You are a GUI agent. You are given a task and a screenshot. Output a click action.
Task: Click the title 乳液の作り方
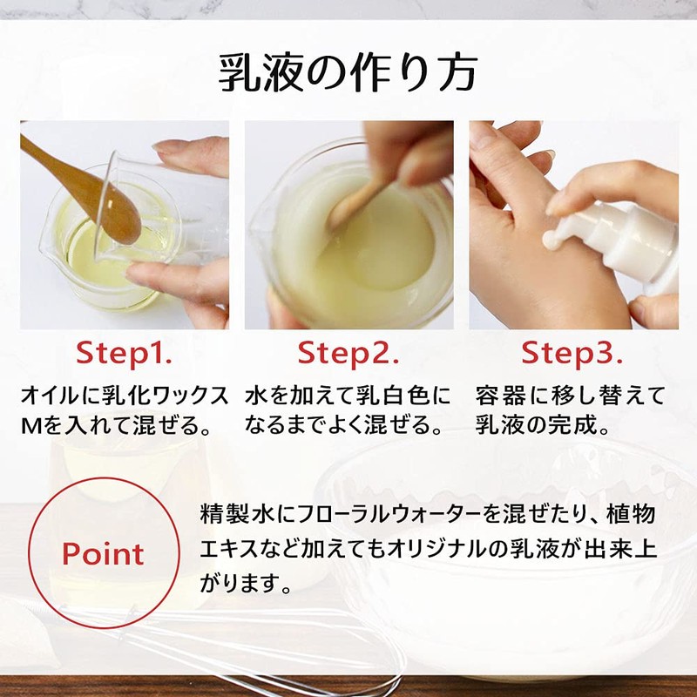click(x=348, y=73)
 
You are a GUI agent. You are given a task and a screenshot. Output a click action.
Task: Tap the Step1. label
click(x=124, y=354)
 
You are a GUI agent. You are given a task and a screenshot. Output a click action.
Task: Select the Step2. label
click(x=348, y=354)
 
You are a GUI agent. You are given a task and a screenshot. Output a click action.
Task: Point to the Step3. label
click(x=572, y=354)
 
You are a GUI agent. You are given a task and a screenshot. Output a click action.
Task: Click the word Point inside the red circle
click(x=103, y=554)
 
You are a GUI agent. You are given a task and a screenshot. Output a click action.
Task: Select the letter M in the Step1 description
click(x=30, y=427)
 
